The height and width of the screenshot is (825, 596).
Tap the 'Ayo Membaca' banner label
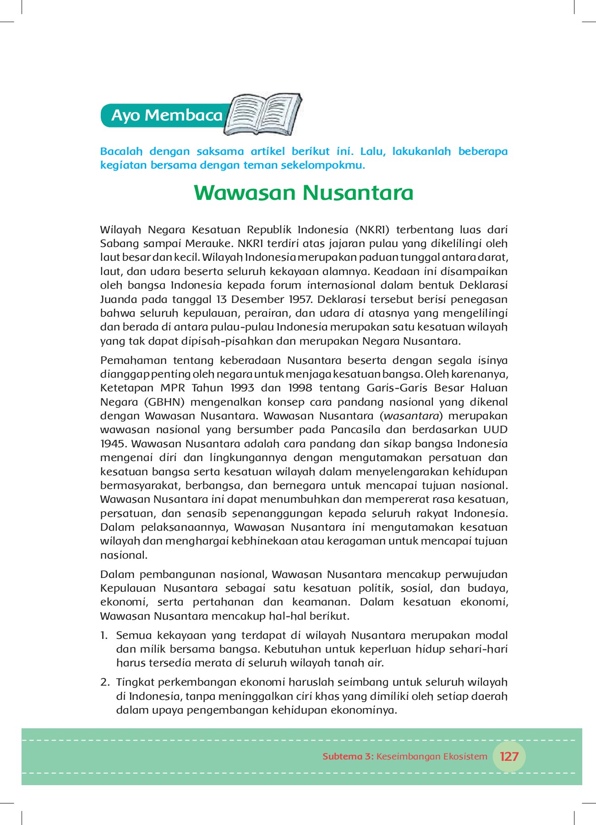click(x=167, y=115)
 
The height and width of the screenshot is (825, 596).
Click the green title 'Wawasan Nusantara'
click(x=303, y=192)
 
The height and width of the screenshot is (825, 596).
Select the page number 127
click(x=509, y=756)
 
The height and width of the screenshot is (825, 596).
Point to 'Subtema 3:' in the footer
click(x=348, y=756)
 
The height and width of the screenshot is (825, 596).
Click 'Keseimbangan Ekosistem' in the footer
click(x=432, y=756)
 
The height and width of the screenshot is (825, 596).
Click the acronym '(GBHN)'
click(x=164, y=402)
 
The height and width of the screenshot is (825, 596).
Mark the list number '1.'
click(x=104, y=635)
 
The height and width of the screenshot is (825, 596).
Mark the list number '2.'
click(x=105, y=682)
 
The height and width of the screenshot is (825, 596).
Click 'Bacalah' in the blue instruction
click(x=121, y=151)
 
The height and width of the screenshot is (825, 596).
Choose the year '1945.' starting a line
click(x=114, y=444)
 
